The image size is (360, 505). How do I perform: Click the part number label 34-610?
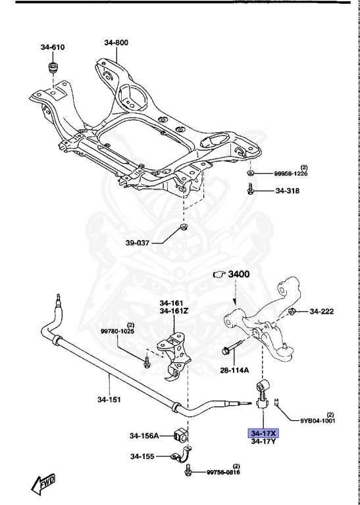click(53, 47)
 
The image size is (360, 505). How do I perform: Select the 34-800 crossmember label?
click(116, 43)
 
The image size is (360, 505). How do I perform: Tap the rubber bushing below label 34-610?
click(53, 70)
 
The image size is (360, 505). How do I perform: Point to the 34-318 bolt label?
click(287, 191)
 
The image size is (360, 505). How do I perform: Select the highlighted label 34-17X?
click(263, 433)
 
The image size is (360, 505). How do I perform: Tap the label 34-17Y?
click(263, 443)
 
